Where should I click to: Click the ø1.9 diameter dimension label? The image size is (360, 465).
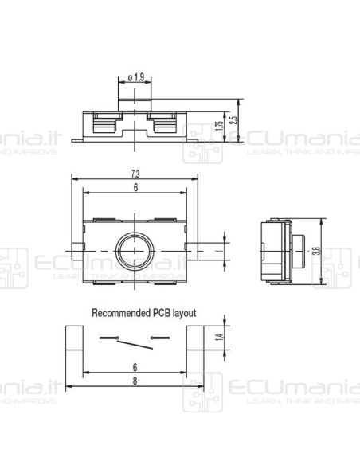[135, 77]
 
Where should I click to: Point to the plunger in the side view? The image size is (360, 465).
[301, 249]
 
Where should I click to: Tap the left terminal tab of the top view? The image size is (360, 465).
[76, 249]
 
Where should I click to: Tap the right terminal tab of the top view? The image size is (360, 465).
[196, 249]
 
